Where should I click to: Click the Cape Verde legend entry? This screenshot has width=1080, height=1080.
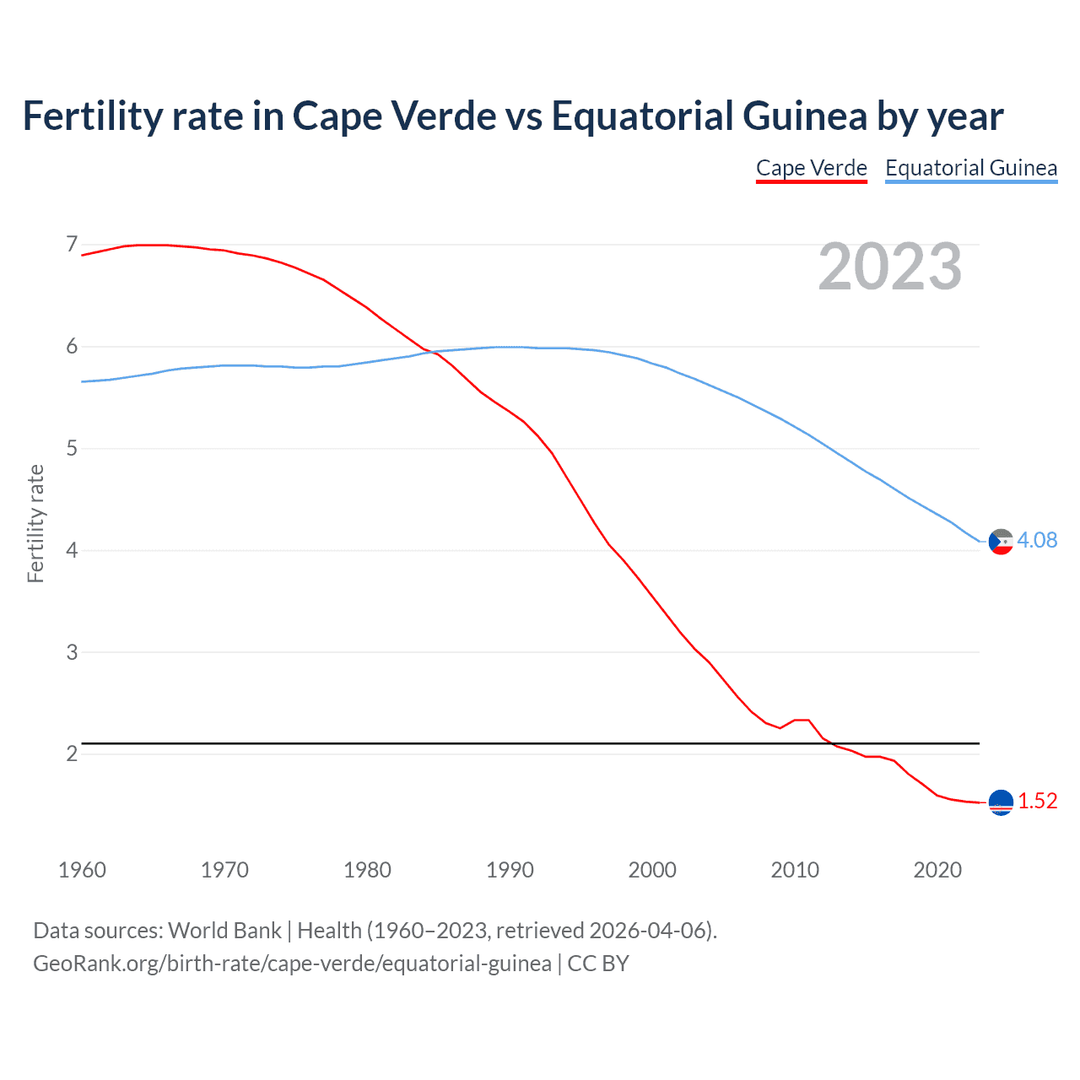(811, 168)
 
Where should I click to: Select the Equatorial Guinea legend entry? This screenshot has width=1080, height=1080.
(970, 168)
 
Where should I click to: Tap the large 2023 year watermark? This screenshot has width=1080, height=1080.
(890, 267)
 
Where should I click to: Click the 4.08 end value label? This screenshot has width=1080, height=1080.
(1037, 540)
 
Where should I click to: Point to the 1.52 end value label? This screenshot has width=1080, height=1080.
(1037, 801)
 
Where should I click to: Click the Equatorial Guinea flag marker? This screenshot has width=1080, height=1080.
(1001, 542)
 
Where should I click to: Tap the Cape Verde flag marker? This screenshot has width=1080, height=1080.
(1001, 802)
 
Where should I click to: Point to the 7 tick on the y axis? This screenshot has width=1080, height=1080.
(72, 245)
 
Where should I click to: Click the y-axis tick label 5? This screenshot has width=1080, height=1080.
(72, 448)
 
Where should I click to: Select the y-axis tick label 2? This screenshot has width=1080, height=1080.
(72, 753)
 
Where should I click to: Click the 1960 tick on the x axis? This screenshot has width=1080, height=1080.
(82, 870)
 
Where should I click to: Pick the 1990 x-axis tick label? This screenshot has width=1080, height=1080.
(510, 870)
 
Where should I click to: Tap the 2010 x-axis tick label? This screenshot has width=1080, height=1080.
(795, 870)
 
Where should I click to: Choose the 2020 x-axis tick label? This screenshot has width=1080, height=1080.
(937, 870)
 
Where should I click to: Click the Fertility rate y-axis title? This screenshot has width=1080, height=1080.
(35, 523)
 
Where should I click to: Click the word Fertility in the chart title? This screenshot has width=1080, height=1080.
(90, 116)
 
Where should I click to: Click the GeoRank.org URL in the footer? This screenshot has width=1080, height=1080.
(292, 963)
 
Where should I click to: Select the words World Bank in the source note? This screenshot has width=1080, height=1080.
(224, 931)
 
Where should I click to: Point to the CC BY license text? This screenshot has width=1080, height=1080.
(598, 963)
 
